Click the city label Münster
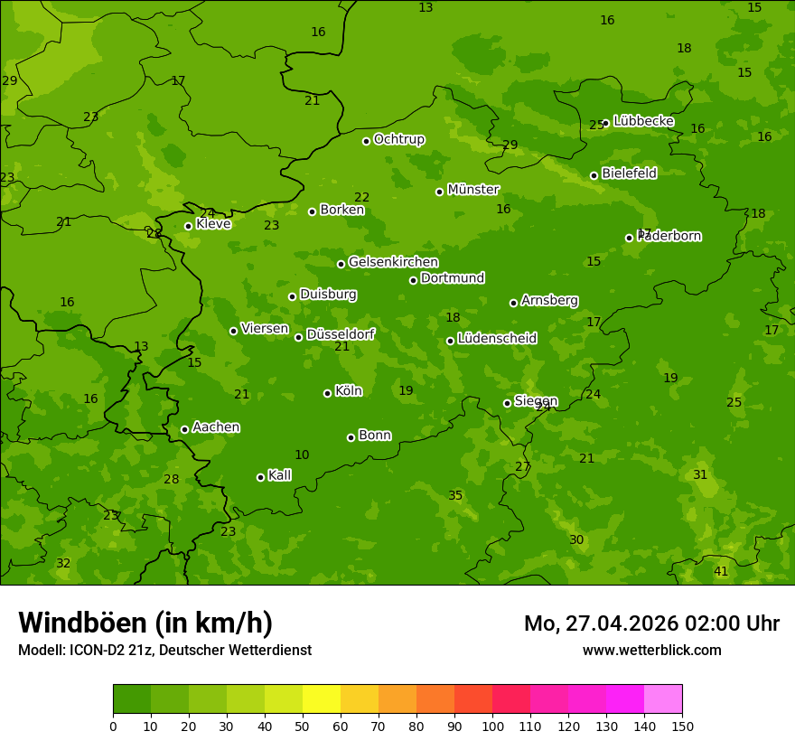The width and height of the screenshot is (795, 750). [472, 190]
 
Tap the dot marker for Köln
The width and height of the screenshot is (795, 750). [327, 393]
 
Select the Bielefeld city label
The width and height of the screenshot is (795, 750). [629, 173]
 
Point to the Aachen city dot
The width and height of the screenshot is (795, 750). [184, 429]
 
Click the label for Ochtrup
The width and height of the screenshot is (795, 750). [398, 139]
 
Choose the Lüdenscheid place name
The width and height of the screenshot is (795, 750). [497, 339]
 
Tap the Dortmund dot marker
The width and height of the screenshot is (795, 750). [413, 280]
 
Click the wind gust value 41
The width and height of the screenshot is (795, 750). [721, 572]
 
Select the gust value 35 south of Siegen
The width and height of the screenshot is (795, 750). [455, 496]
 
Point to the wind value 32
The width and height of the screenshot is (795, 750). [63, 564]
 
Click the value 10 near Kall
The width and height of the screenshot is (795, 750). [302, 455]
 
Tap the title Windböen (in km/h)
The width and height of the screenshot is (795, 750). [145, 623]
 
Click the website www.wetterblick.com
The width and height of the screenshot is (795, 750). [651, 651]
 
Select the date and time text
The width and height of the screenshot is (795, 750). [651, 623]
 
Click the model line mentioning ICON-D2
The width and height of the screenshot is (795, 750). [164, 651]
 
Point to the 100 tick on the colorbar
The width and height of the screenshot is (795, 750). [492, 726]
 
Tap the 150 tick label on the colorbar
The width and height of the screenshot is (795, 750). [682, 726]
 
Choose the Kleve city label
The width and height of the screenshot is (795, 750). [213, 224]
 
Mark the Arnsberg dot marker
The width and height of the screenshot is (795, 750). [513, 303]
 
